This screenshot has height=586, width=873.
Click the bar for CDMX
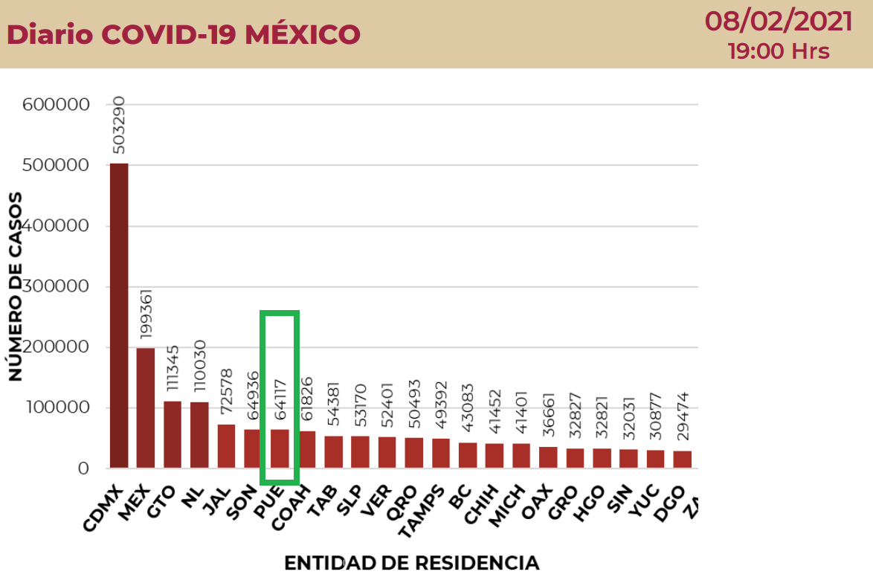(x=118, y=315)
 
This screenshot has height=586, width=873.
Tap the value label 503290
(x=119, y=125)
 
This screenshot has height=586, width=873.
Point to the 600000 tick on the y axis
(x=57, y=105)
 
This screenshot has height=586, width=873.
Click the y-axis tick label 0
(x=83, y=469)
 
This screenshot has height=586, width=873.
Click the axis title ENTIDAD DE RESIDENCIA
(x=411, y=563)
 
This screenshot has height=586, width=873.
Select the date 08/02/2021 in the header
(x=779, y=22)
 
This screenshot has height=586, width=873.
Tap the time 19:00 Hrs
(x=779, y=51)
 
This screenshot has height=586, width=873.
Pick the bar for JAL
(x=226, y=446)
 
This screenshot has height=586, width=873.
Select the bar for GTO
(x=173, y=434)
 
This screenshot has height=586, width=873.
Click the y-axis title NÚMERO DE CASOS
(x=16, y=286)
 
